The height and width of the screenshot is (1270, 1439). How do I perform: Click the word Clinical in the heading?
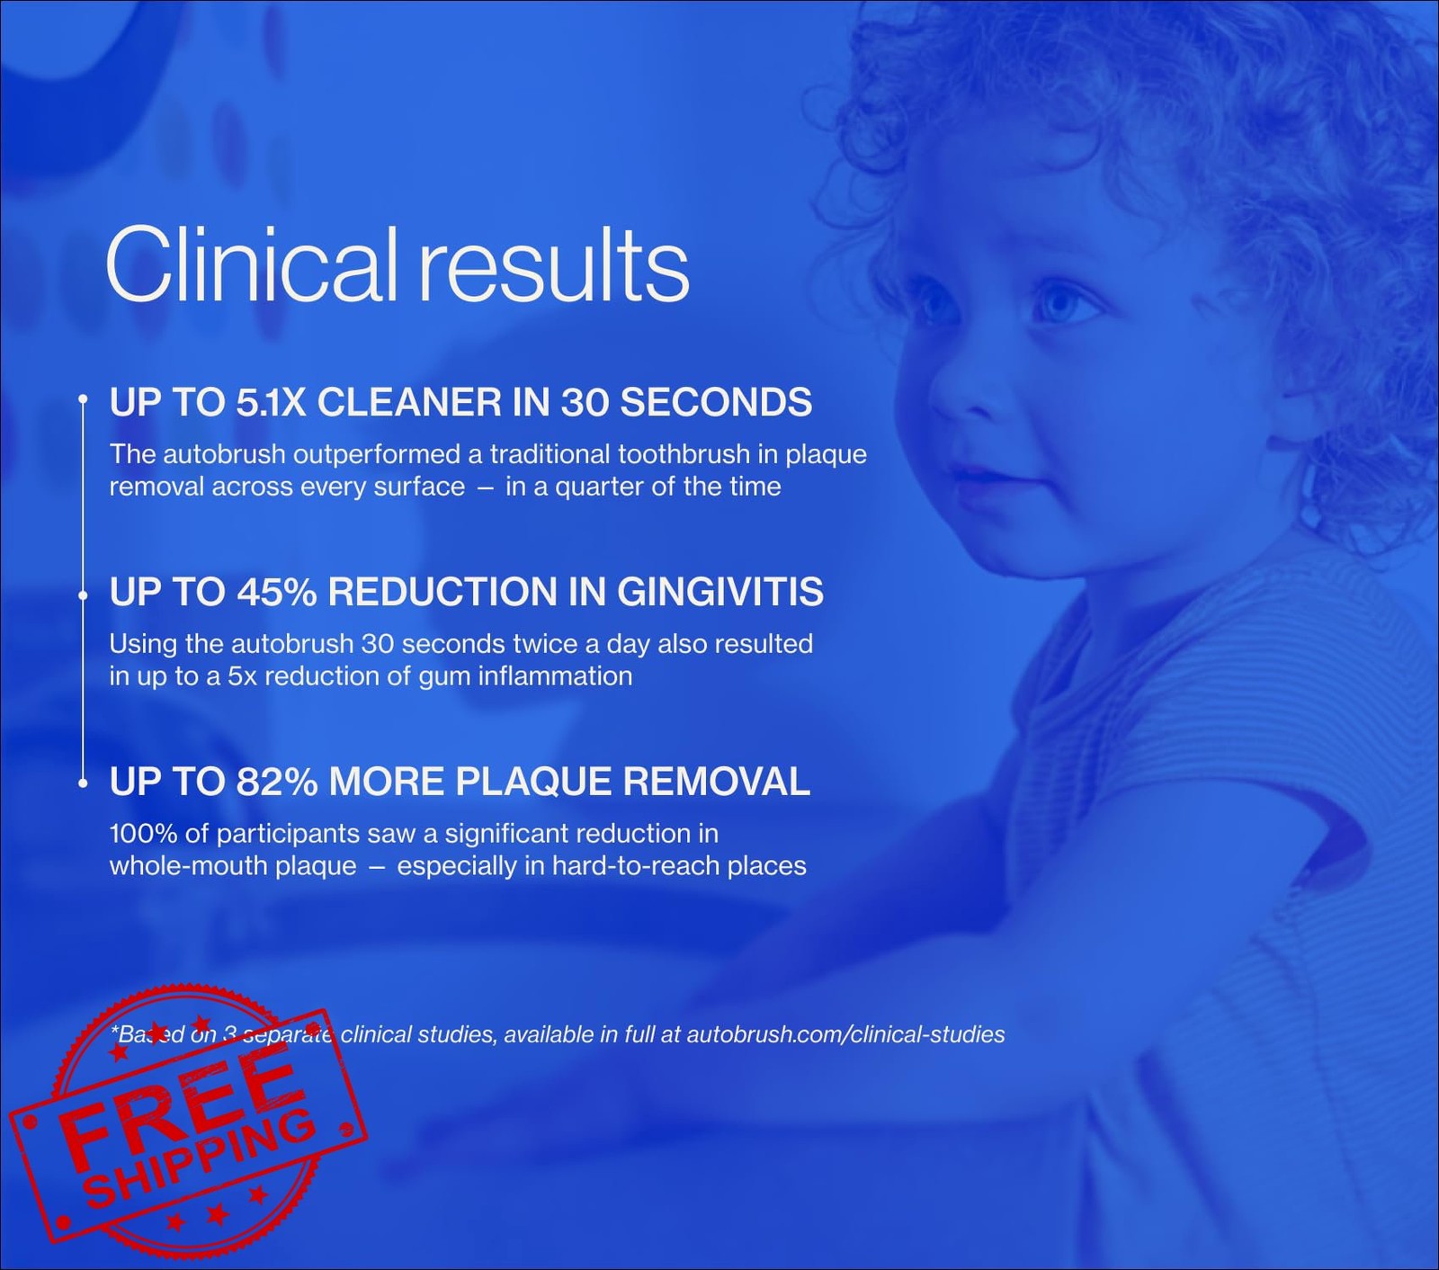[x=251, y=265]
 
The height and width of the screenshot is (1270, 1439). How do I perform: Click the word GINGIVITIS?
[x=720, y=592]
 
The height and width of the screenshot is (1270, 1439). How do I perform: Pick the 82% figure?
[x=277, y=782]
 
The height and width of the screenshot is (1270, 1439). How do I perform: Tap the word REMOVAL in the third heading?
[x=716, y=782]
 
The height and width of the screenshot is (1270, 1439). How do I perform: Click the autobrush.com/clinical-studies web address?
[x=845, y=1034]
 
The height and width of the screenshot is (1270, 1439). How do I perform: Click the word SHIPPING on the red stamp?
[x=200, y=1160]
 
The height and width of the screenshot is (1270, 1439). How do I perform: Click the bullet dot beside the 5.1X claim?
[x=83, y=398]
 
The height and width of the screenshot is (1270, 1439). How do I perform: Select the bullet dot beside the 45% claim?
[x=83, y=595]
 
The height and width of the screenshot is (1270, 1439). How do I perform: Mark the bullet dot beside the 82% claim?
[x=83, y=784]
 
